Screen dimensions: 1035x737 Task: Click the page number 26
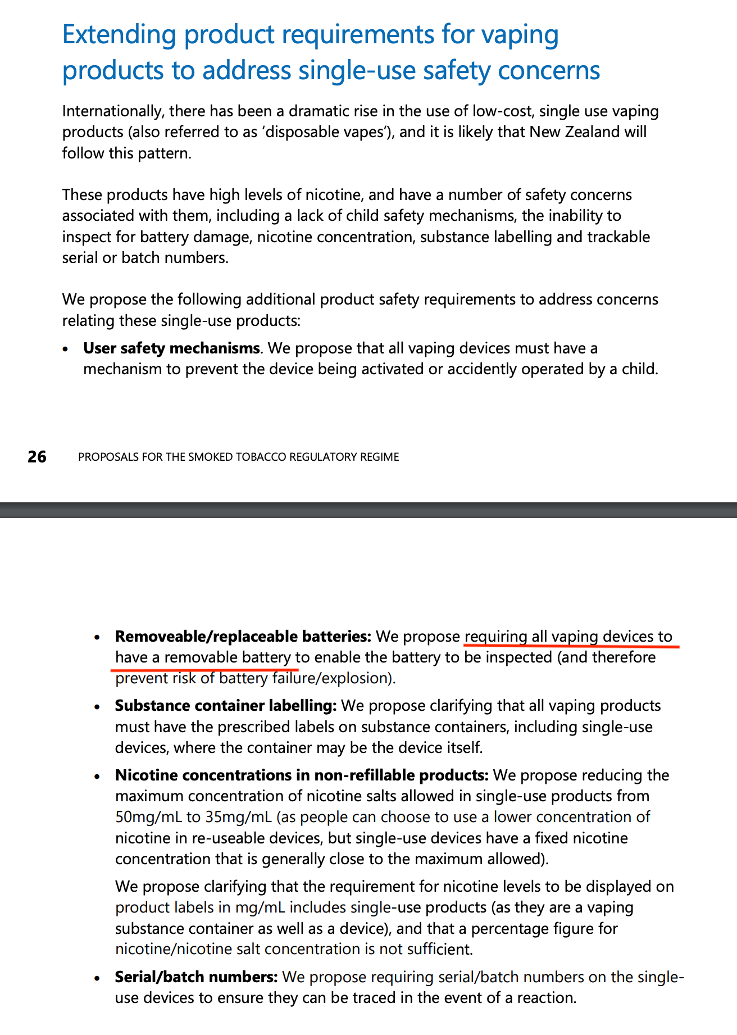pos(37,457)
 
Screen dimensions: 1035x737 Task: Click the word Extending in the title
pos(119,35)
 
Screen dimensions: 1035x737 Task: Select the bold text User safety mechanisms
pos(171,348)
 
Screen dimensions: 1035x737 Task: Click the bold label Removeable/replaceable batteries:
pos(243,637)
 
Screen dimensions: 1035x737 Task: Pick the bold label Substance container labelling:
pos(225,706)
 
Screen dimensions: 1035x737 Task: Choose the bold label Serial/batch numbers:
pos(196,977)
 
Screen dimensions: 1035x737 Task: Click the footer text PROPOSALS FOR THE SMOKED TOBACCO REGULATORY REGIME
pos(238,457)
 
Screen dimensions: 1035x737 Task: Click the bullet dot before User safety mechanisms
pos(66,349)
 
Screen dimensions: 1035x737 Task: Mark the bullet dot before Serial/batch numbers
pos(98,978)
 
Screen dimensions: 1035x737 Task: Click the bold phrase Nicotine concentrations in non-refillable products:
pos(302,775)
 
